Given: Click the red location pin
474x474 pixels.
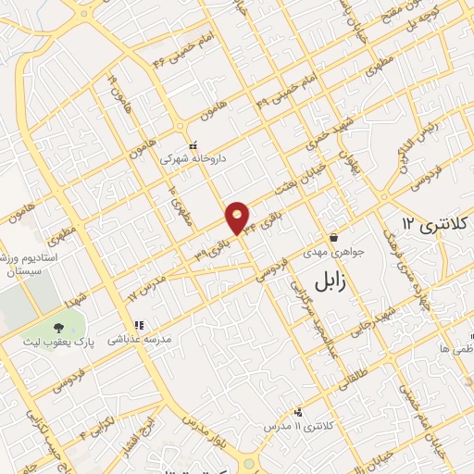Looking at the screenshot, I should (x=238, y=217).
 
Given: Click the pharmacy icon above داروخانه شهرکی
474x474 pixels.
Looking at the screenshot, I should (x=193, y=144).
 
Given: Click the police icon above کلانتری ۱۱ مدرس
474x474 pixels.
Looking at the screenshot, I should (x=297, y=410).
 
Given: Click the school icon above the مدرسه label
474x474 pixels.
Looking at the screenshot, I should (x=140, y=325).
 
